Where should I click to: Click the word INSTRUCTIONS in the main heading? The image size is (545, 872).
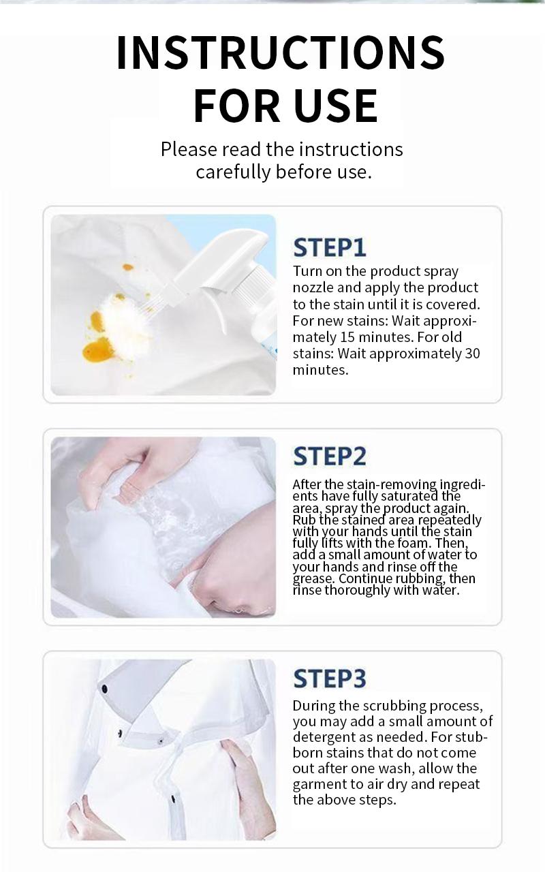tap(280, 52)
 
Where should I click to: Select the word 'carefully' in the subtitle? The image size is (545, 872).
tap(233, 172)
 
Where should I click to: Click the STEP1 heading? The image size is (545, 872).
tap(330, 247)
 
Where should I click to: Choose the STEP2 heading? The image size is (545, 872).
tap(330, 456)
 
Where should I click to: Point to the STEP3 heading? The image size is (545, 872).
tap(330, 679)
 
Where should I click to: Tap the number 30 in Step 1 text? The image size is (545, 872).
tap(472, 353)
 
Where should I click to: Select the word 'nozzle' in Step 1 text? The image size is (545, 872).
tap(312, 287)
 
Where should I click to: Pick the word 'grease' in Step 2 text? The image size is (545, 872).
tap(313, 579)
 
